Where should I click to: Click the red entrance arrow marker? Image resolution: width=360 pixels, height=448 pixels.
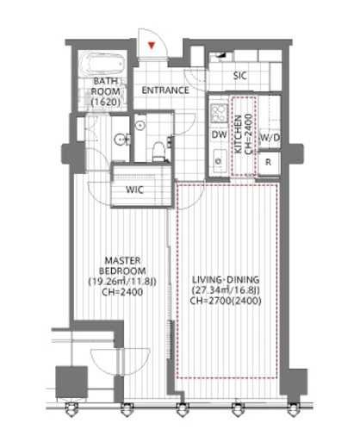point(152,45)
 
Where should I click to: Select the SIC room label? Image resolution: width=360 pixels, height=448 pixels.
point(239,76)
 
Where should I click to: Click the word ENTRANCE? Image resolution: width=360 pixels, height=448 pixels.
point(165,90)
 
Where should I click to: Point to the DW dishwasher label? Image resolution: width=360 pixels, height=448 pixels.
point(220,134)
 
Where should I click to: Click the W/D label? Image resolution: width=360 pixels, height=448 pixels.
point(270,138)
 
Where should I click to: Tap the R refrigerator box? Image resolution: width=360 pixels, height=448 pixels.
point(269,163)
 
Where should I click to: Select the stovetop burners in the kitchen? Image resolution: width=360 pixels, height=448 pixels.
point(219,113)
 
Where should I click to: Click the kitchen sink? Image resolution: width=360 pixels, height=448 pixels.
point(219,161)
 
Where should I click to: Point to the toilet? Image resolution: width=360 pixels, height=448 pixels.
point(158,152)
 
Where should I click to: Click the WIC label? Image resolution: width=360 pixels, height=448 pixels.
point(134,190)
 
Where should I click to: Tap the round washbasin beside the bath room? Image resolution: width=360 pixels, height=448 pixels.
point(120,140)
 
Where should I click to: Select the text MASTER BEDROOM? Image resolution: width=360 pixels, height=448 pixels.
point(122,265)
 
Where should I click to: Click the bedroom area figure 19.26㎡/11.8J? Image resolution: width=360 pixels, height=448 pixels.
point(122,282)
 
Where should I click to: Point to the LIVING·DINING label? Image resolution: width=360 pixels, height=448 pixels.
point(226,279)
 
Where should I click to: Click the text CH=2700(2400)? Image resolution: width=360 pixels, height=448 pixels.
point(226,301)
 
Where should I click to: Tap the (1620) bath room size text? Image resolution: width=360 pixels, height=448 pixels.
point(105,102)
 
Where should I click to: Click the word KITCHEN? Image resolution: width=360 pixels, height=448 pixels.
point(239,134)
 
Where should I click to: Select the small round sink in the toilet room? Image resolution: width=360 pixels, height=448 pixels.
point(140,126)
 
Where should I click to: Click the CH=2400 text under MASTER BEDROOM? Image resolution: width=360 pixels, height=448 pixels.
point(122,292)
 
